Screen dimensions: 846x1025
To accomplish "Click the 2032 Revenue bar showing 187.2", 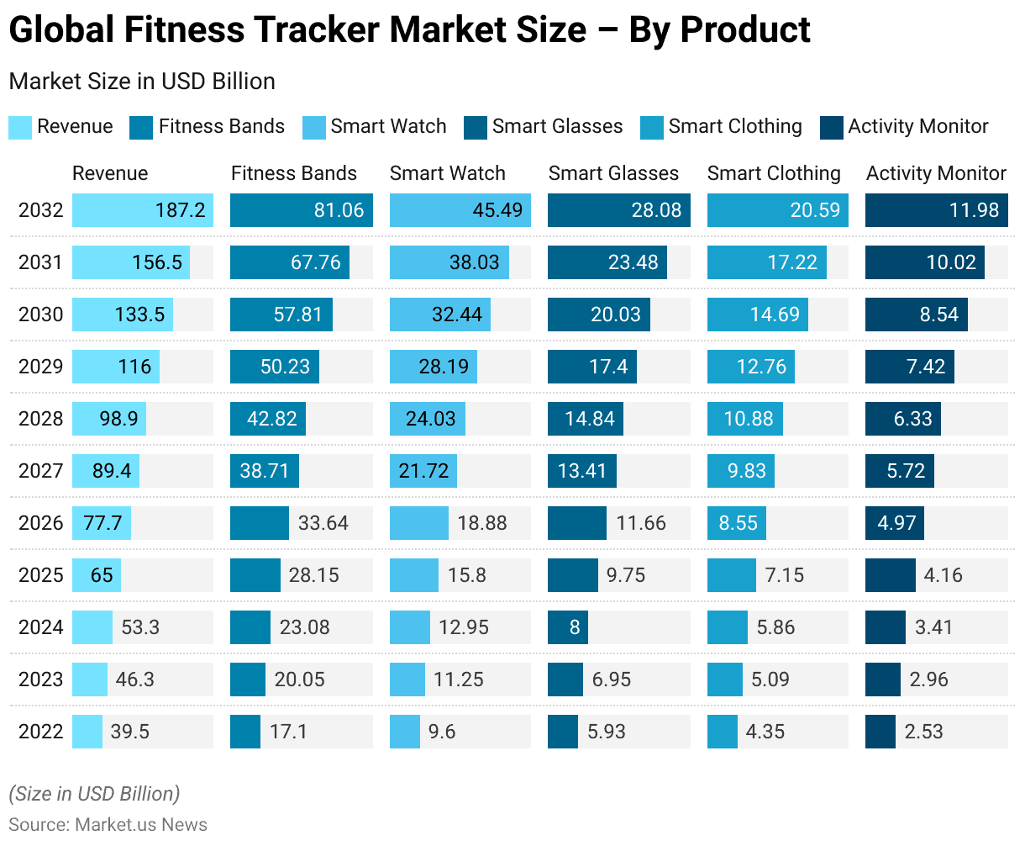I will (143, 210).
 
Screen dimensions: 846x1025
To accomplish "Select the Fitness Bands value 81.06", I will (339, 210).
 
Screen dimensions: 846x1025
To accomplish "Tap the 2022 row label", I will (40, 732).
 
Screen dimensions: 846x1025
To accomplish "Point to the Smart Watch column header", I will (447, 173).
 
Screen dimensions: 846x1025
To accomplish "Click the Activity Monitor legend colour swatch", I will (832, 127).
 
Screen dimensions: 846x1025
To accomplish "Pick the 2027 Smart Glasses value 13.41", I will (582, 471).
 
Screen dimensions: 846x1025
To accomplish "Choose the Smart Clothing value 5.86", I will (775, 627).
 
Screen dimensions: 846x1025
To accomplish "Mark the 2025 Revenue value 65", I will (102, 575).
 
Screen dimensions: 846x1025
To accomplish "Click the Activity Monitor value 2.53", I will (924, 732).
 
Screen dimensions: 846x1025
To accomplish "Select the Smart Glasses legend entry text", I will (557, 127).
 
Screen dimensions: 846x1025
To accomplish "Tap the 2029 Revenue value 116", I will (134, 367).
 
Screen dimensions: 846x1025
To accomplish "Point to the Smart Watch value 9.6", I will (442, 732).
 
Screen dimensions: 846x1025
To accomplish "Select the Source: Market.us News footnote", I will (108, 824).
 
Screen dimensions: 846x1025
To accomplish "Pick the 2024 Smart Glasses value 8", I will (575, 627).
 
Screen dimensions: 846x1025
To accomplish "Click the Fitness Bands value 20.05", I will (300, 679).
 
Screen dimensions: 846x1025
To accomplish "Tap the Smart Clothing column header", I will (774, 173).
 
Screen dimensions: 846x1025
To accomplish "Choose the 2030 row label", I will (40, 315).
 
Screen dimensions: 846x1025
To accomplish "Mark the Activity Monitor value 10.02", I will (951, 262).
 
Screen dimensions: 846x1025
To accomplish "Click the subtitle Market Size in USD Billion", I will (142, 82).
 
